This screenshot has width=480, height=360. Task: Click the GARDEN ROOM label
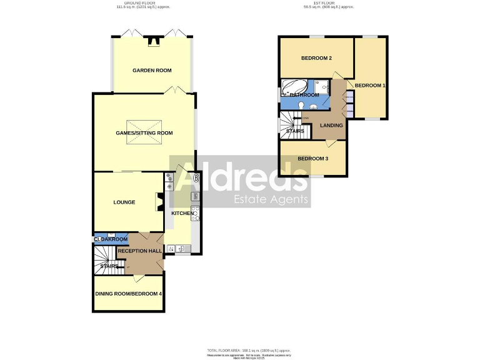[x=152, y=71]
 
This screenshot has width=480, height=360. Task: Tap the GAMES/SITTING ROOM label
[x=144, y=132]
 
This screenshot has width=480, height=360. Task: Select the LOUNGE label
[x=124, y=202]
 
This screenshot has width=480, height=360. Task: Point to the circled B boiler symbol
[x=196, y=178]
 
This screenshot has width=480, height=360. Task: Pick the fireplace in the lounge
[x=159, y=202]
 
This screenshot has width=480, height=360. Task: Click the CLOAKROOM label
[x=111, y=239]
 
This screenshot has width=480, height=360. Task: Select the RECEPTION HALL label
[x=140, y=251]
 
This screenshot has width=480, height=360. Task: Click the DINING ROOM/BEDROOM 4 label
[x=128, y=294]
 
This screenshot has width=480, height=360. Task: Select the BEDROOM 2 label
[x=316, y=58]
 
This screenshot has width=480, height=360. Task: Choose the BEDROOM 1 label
[x=370, y=85]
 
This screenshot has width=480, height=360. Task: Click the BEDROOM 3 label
[x=312, y=158]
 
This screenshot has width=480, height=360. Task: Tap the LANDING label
[x=331, y=125]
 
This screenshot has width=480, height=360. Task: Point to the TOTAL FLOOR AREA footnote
[x=248, y=351]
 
